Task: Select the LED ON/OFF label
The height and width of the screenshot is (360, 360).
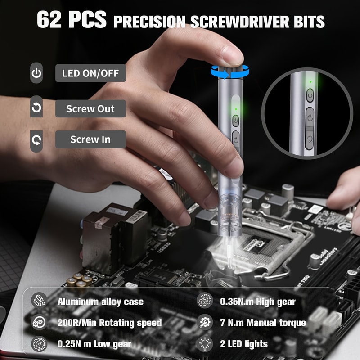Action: click(x=90, y=73)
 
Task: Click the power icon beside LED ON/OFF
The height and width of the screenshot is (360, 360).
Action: click(x=36, y=73)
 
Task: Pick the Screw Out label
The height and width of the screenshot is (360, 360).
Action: click(x=90, y=108)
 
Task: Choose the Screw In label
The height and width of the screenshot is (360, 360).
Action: click(x=90, y=139)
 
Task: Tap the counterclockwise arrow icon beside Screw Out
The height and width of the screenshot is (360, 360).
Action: click(x=36, y=108)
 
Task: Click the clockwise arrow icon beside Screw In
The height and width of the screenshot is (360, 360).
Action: click(x=36, y=139)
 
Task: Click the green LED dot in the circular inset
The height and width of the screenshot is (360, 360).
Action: click(x=310, y=82)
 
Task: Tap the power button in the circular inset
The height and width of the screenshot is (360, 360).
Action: click(x=310, y=95)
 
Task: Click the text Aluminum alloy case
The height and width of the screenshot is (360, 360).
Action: click(x=100, y=301)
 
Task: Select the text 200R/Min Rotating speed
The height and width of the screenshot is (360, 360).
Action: click(x=109, y=323)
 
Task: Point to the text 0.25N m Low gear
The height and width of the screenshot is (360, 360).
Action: click(x=94, y=344)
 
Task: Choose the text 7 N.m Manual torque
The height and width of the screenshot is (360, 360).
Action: click(x=263, y=323)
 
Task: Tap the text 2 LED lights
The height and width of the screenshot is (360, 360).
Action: click(x=244, y=344)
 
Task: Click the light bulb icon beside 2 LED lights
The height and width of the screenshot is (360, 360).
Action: click(x=204, y=344)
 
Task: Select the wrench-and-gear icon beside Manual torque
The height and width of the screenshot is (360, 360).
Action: click(x=204, y=322)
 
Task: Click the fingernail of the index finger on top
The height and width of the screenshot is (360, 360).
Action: click(x=233, y=57)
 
